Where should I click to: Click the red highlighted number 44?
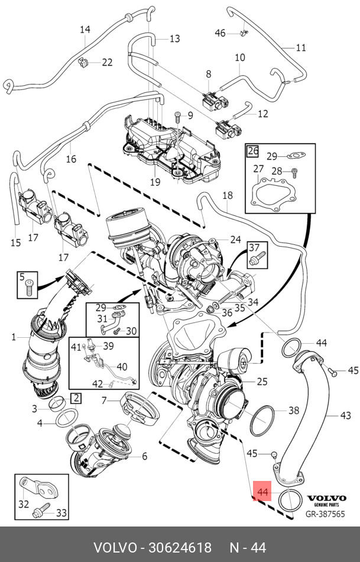[262, 492]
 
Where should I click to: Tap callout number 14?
[85, 30]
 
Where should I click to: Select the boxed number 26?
[253, 150]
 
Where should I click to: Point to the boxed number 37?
[253, 247]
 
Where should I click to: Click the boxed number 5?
[21, 277]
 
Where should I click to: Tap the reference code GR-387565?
[325, 513]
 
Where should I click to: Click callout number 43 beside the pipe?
[346, 415]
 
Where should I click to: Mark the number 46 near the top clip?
[220, 33]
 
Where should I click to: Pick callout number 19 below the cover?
[155, 182]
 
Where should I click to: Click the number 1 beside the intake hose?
[14, 338]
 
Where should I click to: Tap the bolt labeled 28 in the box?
[294, 172]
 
